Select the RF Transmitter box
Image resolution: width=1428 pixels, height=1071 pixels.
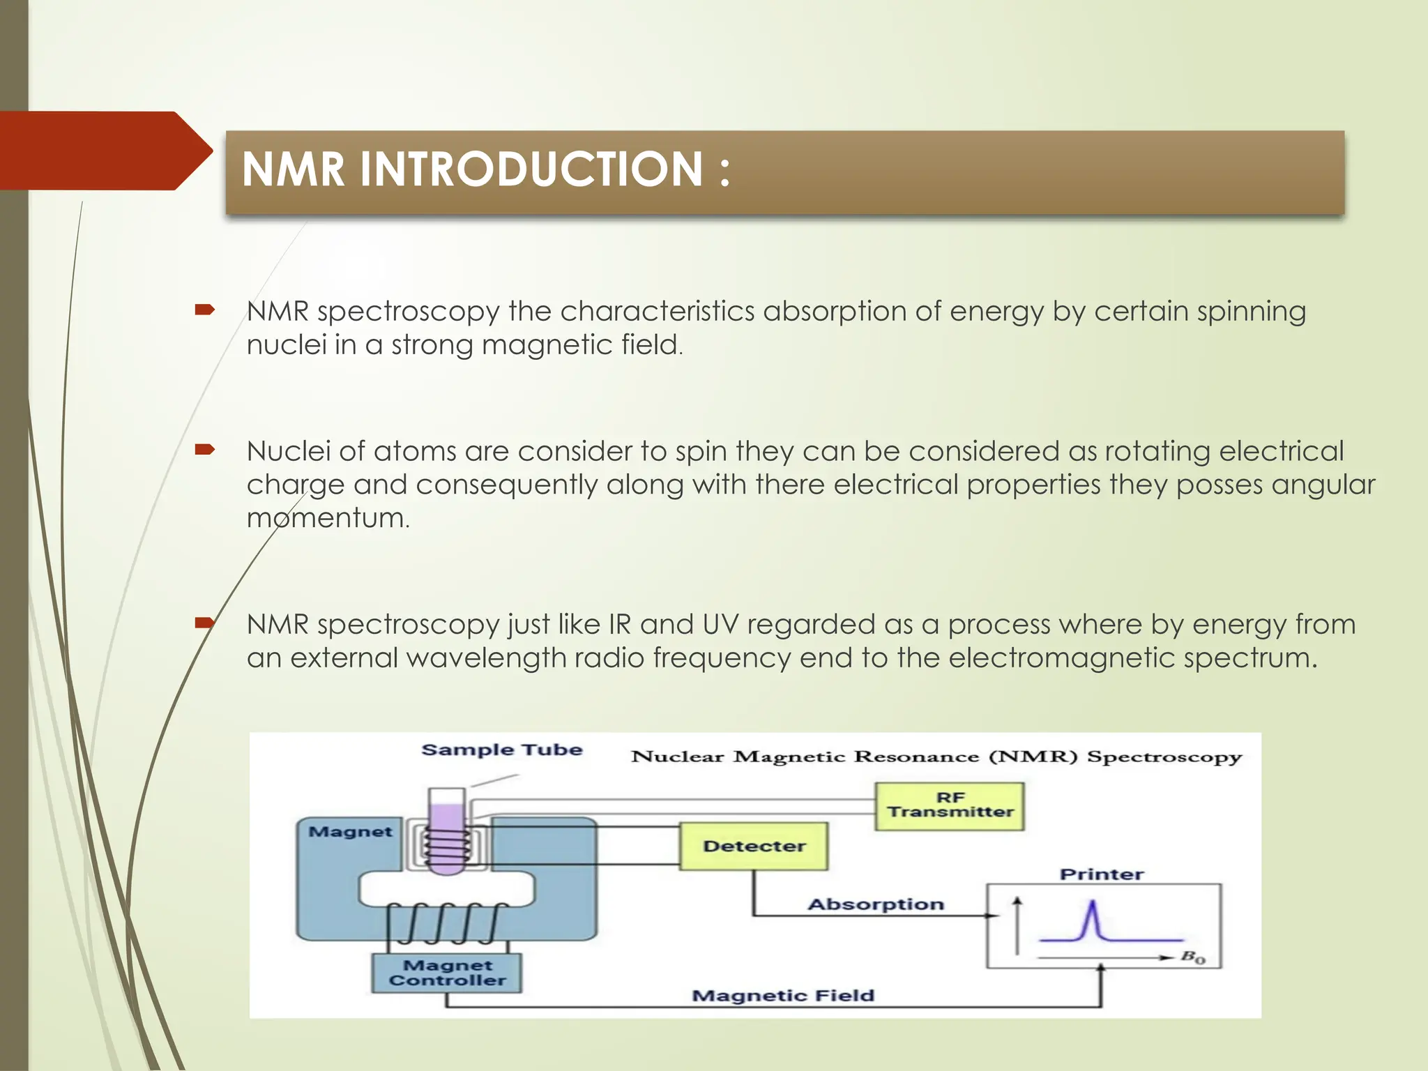(x=950, y=805)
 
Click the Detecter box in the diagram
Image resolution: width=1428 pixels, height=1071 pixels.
(x=754, y=846)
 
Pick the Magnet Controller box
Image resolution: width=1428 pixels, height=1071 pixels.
(x=447, y=973)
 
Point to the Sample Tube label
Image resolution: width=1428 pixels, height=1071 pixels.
(x=501, y=750)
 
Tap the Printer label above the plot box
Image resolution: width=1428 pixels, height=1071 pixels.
(x=1102, y=874)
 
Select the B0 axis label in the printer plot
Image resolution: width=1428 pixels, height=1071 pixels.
(x=1192, y=957)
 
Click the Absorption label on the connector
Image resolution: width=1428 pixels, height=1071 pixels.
(x=876, y=904)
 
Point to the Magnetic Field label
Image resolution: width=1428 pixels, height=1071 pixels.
(x=782, y=996)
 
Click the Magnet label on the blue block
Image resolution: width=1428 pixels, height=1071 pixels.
(x=350, y=832)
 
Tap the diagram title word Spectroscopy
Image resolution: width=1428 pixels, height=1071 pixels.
(x=1164, y=757)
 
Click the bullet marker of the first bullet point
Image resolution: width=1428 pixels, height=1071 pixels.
(x=204, y=310)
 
